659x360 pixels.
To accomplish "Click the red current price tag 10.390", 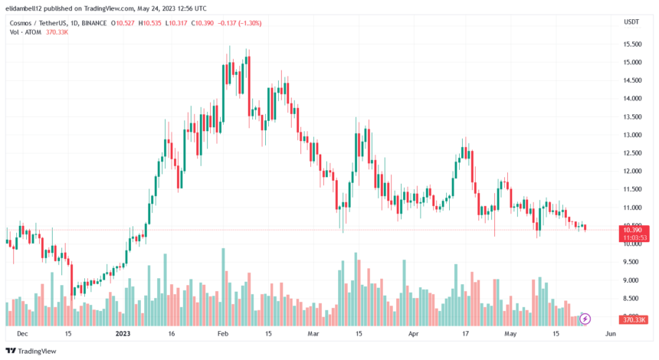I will click(632, 230).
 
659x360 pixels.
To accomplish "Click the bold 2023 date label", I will click(124, 334).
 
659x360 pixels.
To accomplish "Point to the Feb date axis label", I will click(223, 334).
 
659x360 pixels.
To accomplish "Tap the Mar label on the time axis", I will click(313, 334).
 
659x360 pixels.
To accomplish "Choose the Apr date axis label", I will click(415, 334).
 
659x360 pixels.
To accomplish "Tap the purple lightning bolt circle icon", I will click(585, 319).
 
